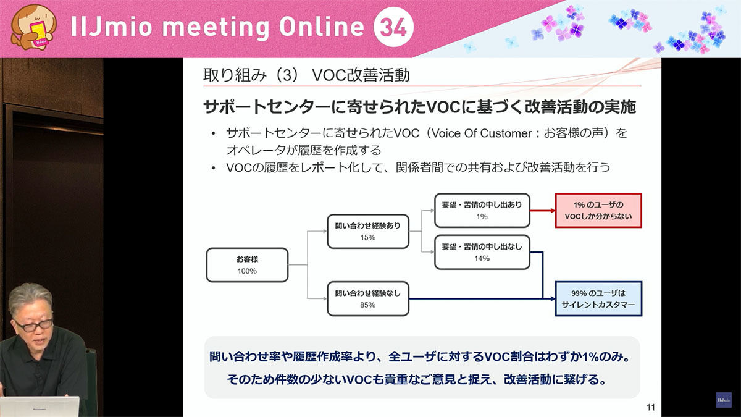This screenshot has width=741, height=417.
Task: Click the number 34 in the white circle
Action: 393,27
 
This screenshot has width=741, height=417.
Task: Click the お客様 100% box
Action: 247,265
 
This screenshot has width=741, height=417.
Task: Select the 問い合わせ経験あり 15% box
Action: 368,231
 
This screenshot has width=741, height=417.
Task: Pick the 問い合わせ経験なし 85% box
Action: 368,299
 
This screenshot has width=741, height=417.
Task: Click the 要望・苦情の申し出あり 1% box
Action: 482,211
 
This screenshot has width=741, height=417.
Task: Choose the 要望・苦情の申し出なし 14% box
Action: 482,252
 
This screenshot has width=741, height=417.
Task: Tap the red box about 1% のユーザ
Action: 598,211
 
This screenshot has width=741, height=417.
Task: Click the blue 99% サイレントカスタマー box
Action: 598,299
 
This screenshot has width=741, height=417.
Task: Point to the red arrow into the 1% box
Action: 543,211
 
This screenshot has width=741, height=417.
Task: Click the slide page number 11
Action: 651,407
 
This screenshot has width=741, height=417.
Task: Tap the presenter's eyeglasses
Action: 33,326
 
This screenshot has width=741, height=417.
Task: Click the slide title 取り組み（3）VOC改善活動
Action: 306,75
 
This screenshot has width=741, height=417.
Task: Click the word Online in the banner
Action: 321,27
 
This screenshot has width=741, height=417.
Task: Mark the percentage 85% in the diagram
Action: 368,305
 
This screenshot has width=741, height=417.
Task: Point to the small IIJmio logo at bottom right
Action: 724,400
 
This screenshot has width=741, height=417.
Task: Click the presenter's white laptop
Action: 40,406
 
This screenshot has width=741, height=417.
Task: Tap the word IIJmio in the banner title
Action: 112,27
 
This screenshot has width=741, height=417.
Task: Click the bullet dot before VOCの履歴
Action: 214,169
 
